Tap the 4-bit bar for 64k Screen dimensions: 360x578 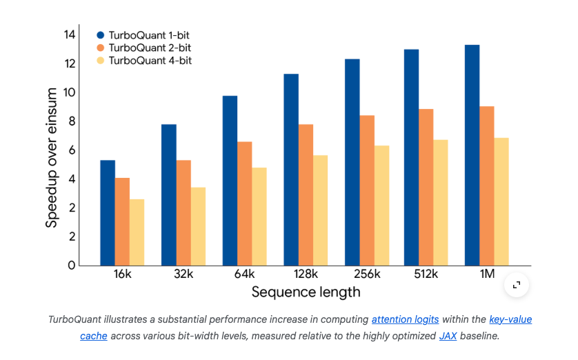point(259,217)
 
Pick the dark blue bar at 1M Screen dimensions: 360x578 point(472,155)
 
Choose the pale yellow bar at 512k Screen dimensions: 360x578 point(441,203)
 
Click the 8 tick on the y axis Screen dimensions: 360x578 point(70,121)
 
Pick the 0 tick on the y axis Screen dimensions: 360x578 point(70,266)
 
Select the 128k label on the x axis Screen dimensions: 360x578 point(305,274)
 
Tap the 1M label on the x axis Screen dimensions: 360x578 point(487,274)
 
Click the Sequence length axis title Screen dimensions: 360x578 point(306,292)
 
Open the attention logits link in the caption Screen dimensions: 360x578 point(405,320)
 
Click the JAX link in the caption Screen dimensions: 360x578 point(447,336)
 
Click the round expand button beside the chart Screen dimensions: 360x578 point(517,285)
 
